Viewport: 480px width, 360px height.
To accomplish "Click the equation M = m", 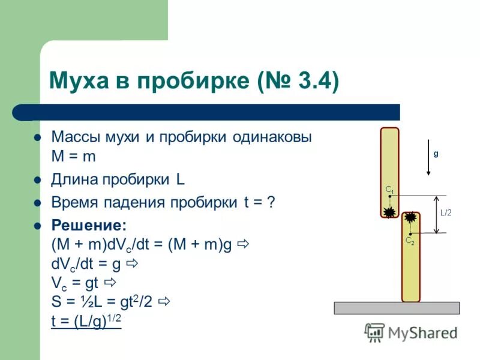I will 74,156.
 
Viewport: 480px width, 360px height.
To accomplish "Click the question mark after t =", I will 271,202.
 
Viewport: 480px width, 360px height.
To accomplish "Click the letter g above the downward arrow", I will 436,153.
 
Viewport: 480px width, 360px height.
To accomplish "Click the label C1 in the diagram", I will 389,190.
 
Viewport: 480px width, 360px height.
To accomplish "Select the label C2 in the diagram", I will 410,240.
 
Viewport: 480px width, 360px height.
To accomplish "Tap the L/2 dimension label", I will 446,212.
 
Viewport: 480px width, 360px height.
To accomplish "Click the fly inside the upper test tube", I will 390,211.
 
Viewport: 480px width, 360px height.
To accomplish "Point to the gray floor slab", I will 397,308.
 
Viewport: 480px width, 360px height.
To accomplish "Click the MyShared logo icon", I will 374,332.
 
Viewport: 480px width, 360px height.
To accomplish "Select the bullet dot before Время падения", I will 37,202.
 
